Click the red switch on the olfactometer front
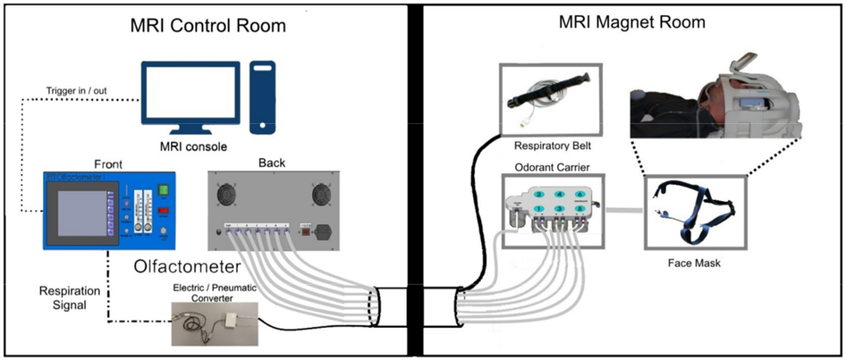click(162, 208)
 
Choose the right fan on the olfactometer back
click(321, 194)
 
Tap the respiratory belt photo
click(551, 95)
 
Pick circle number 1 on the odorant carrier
click(540, 209)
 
